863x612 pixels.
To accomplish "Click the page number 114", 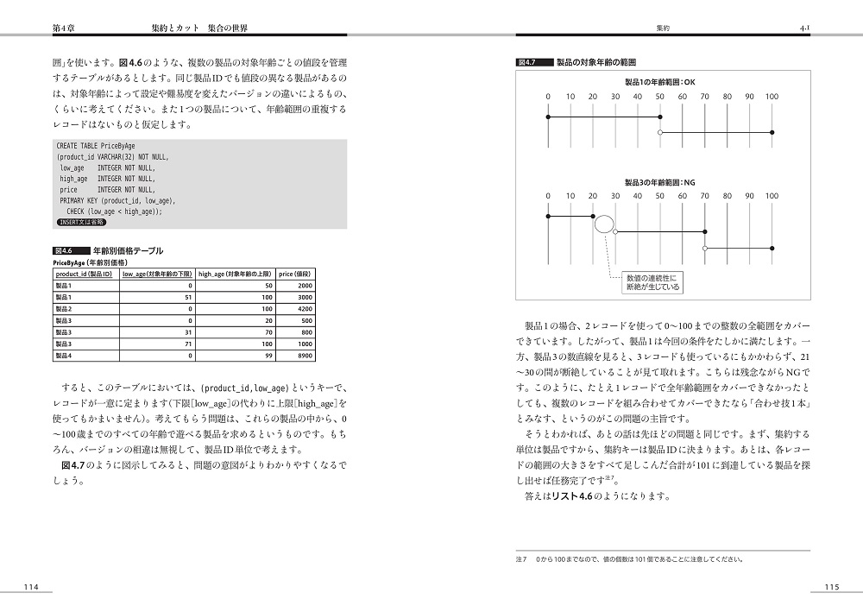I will (x=32, y=587).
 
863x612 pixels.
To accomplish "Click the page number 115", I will (x=831, y=587).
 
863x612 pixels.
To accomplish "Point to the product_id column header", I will (x=84, y=274).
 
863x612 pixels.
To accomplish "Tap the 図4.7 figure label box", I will (x=526, y=63).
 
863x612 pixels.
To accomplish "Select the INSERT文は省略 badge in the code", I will (x=81, y=222).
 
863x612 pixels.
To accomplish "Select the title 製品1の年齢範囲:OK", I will (x=659, y=81).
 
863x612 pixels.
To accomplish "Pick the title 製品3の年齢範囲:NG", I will (x=659, y=182).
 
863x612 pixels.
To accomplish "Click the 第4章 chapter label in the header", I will (x=66, y=28).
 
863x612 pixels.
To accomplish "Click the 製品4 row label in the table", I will (x=65, y=355).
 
